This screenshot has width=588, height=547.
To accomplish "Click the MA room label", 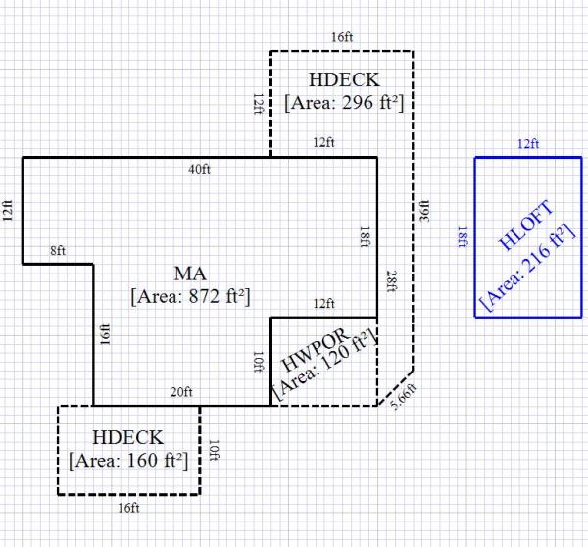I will point(189,271).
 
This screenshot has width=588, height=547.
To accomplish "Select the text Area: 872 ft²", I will point(189,293).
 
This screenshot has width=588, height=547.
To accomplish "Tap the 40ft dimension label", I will point(199,169).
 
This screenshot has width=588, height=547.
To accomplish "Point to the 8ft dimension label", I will point(58,252).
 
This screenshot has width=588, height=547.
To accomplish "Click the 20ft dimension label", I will point(181,393).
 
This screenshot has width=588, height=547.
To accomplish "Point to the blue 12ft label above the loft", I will point(528,144).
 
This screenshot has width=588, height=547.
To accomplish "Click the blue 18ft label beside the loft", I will point(462,236).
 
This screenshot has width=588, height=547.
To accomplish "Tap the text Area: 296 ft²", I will point(344,102).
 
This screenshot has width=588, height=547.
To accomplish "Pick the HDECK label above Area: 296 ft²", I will point(343,79).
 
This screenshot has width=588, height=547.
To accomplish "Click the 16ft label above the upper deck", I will point(342,37).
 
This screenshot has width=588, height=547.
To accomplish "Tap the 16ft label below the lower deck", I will point(129,508).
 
